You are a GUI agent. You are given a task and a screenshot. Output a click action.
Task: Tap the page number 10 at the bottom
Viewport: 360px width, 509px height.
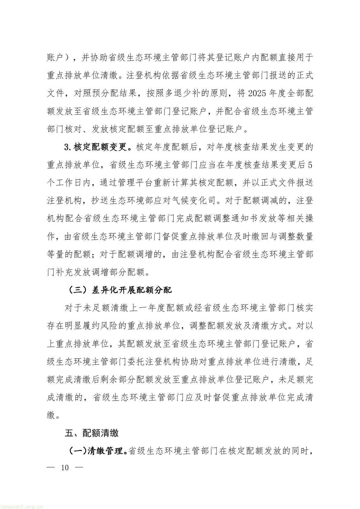coord(65,468)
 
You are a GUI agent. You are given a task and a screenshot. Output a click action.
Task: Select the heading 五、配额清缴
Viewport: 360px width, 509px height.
coord(92,433)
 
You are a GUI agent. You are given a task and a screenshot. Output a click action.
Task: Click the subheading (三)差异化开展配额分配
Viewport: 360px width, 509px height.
coord(119,290)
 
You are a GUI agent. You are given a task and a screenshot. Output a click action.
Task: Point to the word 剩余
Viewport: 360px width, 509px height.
coord(114,380)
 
